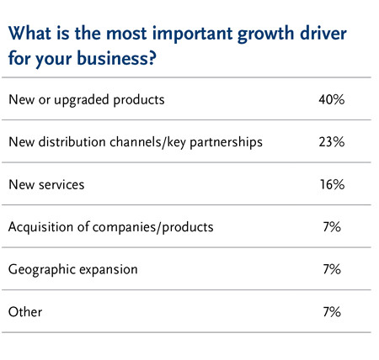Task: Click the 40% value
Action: (332, 99)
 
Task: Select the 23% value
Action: (332, 142)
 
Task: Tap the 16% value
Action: (332, 184)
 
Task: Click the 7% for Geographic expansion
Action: (332, 269)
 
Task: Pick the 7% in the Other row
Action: (332, 312)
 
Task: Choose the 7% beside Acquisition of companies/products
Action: (332, 227)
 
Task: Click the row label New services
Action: (46, 185)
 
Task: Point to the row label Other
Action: (25, 312)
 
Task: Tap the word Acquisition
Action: (40, 227)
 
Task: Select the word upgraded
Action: (82, 100)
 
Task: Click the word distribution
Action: (72, 142)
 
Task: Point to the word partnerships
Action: (227, 142)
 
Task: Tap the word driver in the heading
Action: (323, 34)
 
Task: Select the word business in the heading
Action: (112, 58)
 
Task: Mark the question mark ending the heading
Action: (152, 58)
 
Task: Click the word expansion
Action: (109, 270)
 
